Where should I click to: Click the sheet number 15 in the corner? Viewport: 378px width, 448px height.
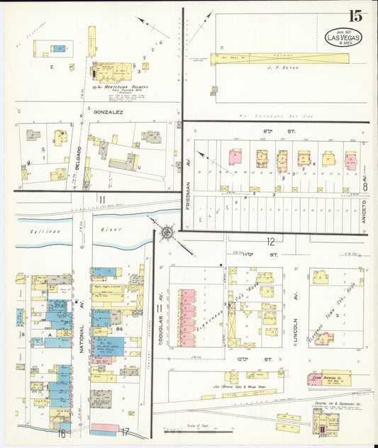pyautogui.click(x=355, y=16)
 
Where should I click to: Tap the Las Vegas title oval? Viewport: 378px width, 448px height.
pyautogui.click(x=343, y=38)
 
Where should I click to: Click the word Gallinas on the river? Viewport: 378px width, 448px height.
pyautogui.click(x=33, y=231)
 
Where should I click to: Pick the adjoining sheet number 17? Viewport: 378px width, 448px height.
pyautogui.click(x=126, y=432)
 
